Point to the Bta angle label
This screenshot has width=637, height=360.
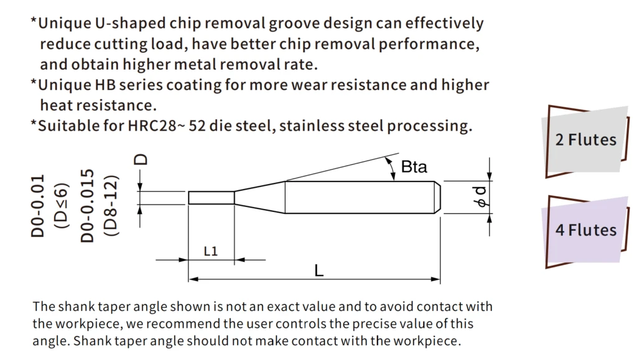click(x=414, y=167)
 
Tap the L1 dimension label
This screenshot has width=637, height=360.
click(x=210, y=251)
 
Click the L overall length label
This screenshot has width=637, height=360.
click(x=319, y=270)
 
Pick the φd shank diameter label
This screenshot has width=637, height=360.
click(x=481, y=197)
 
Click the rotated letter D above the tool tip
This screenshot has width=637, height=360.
click(x=141, y=160)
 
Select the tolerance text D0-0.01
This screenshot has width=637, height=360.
click(x=37, y=206)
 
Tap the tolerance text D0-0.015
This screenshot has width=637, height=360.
click(x=87, y=206)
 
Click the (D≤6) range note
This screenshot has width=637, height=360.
click(x=62, y=206)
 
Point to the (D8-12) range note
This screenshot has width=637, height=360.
click(x=111, y=206)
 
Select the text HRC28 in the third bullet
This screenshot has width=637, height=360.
click(x=152, y=126)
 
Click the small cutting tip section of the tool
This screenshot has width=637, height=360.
click(x=212, y=198)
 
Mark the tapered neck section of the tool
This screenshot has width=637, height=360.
click(x=259, y=197)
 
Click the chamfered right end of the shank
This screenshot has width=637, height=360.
click(x=437, y=197)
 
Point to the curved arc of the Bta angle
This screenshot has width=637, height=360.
click(x=392, y=168)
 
